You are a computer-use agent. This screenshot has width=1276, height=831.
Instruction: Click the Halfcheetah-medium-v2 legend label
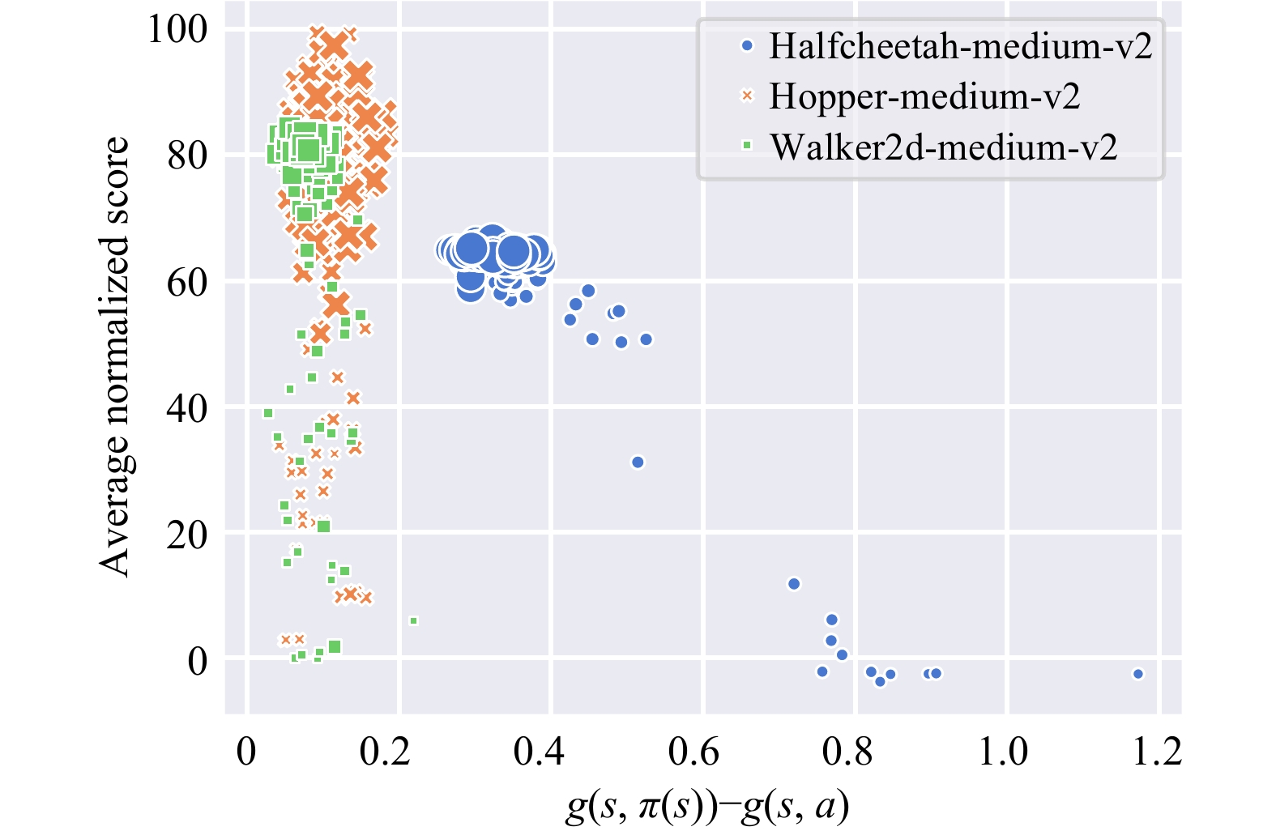point(960,46)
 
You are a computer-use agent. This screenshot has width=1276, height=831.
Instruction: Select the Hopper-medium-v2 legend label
point(924,96)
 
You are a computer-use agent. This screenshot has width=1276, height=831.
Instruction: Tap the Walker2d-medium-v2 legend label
point(943,147)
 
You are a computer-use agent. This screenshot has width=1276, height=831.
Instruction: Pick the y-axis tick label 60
point(187,282)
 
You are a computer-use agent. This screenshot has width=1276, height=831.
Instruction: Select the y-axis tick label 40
point(187,408)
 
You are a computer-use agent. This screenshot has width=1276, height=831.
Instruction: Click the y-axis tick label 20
point(187,535)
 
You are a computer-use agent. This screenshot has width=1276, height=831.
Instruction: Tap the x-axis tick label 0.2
point(385,752)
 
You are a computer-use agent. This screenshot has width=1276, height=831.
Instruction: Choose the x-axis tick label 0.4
point(539,752)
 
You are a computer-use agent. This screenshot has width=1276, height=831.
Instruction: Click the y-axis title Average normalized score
point(115,356)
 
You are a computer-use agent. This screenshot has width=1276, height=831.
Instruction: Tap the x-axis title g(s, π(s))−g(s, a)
point(706,807)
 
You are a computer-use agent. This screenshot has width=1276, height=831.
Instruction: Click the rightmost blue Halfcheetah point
point(1138,674)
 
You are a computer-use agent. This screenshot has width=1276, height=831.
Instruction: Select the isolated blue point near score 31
point(638,462)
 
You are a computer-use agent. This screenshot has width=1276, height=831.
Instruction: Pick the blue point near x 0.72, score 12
point(794,584)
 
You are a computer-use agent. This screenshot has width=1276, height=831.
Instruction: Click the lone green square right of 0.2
point(413,621)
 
